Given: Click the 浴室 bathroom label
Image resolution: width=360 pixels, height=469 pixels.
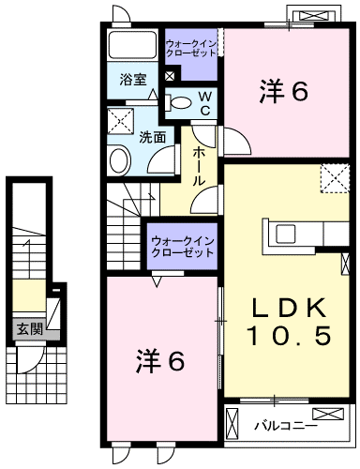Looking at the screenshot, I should click(x=134, y=81).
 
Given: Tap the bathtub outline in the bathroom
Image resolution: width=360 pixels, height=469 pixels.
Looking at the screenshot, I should click(x=132, y=46).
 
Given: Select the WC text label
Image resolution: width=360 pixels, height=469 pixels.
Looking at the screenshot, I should click(x=204, y=103).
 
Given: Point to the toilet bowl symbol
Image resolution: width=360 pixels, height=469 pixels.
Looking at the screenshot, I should click(x=182, y=103).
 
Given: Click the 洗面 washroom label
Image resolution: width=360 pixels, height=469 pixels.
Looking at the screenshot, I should click(x=153, y=137).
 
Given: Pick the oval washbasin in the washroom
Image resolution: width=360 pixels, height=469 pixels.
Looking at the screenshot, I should click(x=119, y=159).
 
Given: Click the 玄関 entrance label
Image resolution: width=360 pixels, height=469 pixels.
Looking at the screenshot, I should click(x=29, y=328).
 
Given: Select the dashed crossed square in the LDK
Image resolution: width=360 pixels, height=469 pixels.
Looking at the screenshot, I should click(x=333, y=178).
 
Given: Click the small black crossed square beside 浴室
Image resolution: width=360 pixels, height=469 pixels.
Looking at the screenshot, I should click(x=169, y=76).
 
